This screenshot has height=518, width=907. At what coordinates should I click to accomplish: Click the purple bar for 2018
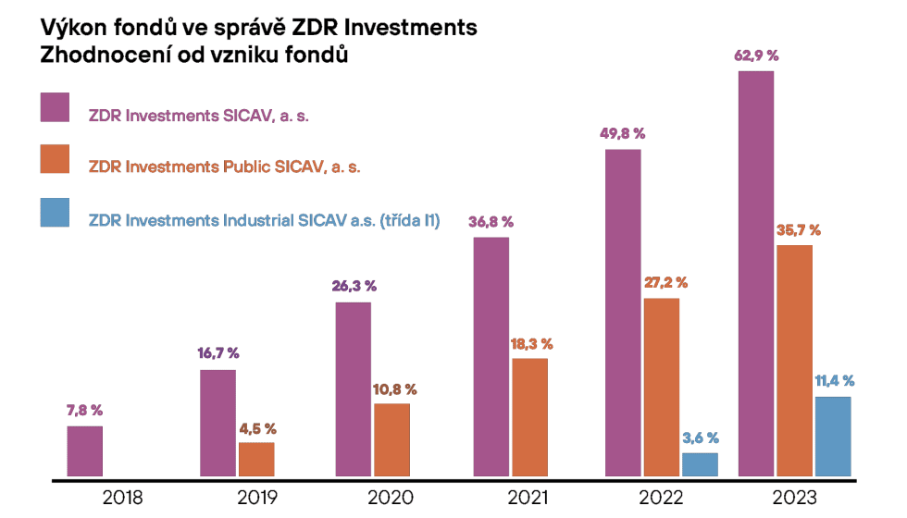85,452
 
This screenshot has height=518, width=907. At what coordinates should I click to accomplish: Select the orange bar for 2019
256,461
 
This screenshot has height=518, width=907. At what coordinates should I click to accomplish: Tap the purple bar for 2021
491,358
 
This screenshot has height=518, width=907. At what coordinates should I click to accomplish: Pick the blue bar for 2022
700,465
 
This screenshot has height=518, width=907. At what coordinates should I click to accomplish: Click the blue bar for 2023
833,438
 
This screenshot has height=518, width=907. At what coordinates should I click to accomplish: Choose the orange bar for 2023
794,362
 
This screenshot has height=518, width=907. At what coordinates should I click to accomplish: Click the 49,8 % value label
622,133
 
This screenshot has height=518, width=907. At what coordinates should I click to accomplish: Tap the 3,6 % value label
700,438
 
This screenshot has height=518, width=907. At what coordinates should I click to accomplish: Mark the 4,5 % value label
256,428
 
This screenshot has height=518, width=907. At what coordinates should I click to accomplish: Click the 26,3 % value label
354,287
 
